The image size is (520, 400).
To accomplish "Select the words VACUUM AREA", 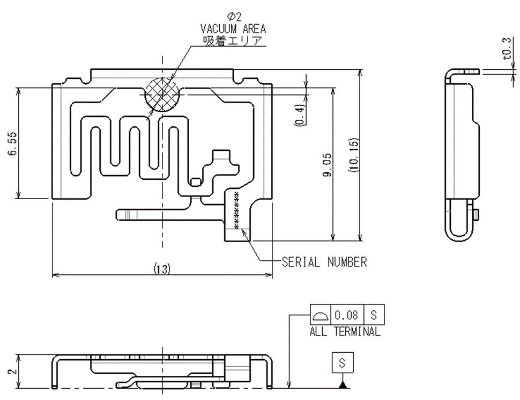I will (x=233, y=29).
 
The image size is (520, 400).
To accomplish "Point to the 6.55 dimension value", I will (x=11, y=144).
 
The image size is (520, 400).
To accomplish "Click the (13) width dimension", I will (x=162, y=268).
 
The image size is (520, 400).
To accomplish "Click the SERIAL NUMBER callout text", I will (x=324, y=262).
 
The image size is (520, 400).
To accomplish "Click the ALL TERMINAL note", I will (x=345, y=332).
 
